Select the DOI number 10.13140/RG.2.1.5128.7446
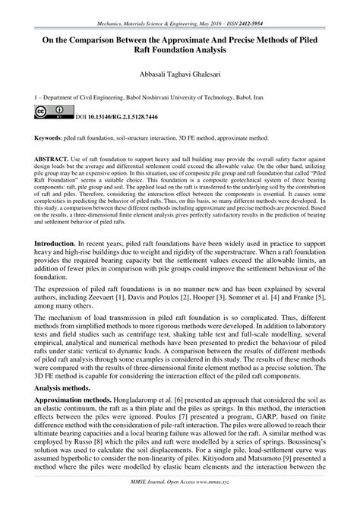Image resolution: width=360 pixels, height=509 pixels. pyautogui.click(x=117, y=117)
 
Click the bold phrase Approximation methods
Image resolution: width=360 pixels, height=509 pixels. pyautogui.click(x=67, y=419)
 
